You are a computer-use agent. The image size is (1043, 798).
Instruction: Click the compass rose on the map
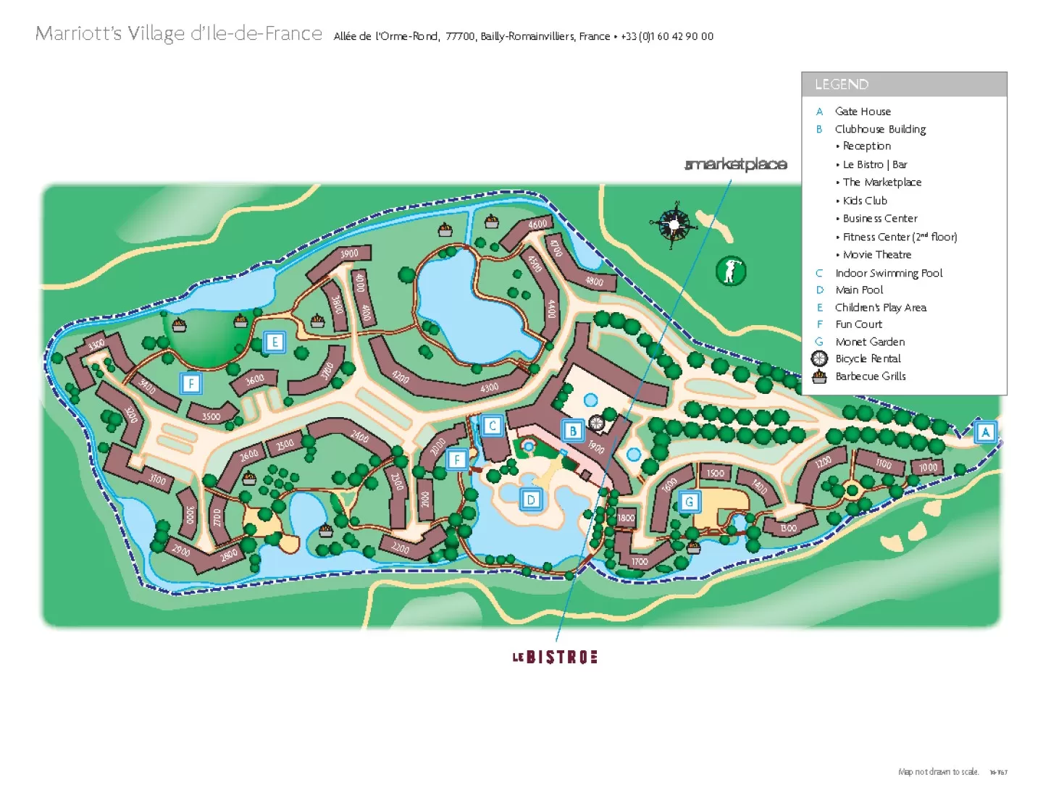674,224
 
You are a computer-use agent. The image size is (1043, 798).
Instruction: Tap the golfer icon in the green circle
730,271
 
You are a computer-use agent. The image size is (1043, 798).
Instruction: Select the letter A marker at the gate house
985,432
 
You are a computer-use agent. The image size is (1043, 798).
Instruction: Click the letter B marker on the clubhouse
573,432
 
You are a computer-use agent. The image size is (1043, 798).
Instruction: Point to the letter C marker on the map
493,426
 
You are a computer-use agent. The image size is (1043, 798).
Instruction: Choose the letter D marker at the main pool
531,500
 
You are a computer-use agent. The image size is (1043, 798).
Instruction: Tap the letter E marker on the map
275,342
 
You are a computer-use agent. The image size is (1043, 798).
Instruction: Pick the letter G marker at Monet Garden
689,501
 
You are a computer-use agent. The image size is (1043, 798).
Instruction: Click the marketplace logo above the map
736,164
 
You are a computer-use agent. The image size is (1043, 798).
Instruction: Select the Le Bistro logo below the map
555,658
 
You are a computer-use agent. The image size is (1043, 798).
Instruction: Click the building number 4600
537,224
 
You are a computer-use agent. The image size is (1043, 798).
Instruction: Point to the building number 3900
349,254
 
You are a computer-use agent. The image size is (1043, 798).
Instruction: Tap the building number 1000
928,467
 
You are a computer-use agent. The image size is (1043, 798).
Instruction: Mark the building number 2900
181,550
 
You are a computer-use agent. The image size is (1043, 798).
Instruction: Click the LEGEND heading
842,85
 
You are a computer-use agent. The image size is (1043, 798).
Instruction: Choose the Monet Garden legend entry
870,342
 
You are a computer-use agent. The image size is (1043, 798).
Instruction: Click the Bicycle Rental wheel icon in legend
819,358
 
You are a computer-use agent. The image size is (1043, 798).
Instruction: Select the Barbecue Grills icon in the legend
819,377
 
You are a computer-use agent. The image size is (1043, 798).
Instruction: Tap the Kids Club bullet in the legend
864,201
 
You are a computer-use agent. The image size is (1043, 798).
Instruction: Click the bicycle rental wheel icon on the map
596,423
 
